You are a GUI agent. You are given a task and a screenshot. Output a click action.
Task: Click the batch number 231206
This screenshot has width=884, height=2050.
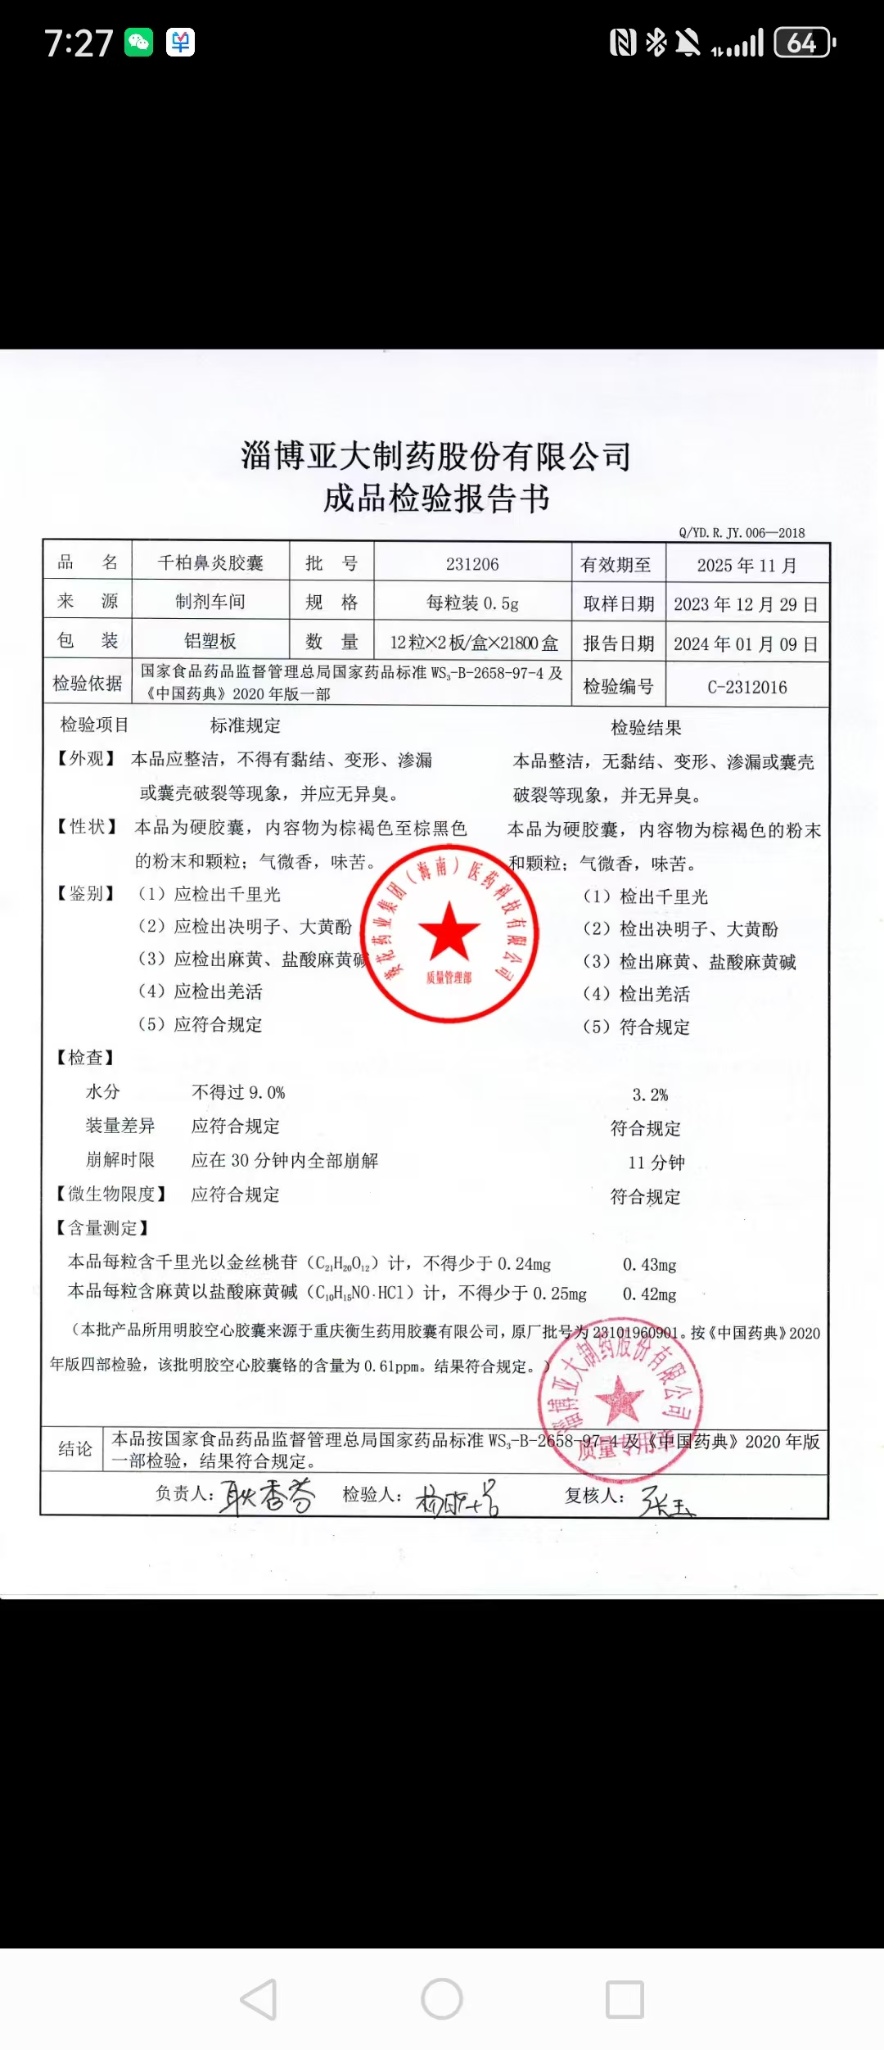[472, 564]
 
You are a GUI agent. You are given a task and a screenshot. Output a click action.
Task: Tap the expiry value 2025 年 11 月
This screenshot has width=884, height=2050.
[746, 565]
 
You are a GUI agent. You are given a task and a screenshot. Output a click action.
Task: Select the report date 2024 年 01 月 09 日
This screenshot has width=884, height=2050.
[746, 644]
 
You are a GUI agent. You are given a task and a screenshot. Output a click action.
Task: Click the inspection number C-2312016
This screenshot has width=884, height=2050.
[747, 687]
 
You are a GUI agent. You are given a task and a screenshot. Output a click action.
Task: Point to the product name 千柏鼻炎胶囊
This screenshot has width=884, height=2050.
[210, 562]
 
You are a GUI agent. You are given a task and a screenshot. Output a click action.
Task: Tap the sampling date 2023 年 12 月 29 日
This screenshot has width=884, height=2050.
[746, 604]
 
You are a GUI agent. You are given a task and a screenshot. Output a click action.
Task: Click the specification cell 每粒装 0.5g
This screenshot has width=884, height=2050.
[472, 603]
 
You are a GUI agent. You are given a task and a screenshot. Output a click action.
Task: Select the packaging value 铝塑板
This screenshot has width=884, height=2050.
[210, 641]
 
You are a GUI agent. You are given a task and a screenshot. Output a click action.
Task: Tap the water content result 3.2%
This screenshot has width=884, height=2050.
[650, 1095]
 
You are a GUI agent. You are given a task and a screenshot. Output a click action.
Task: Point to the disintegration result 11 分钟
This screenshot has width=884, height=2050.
[656, 1163]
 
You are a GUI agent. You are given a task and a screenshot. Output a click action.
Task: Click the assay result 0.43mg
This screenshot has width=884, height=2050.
[650, 1265]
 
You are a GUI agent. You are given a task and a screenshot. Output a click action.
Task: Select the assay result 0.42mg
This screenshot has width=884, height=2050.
[650, 1294]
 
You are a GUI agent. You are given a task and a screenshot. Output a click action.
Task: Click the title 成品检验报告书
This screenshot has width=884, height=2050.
[436, 498]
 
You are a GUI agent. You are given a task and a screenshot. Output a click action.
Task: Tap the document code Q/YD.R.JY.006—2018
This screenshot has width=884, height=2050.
[742, 533]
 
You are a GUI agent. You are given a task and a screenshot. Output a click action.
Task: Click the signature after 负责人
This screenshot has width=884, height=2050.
[267, 1497]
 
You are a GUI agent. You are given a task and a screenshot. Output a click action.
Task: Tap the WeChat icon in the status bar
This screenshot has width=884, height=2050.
[139, 43]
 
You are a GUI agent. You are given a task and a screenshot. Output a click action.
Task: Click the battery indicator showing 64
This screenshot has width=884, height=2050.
[804, 43]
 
